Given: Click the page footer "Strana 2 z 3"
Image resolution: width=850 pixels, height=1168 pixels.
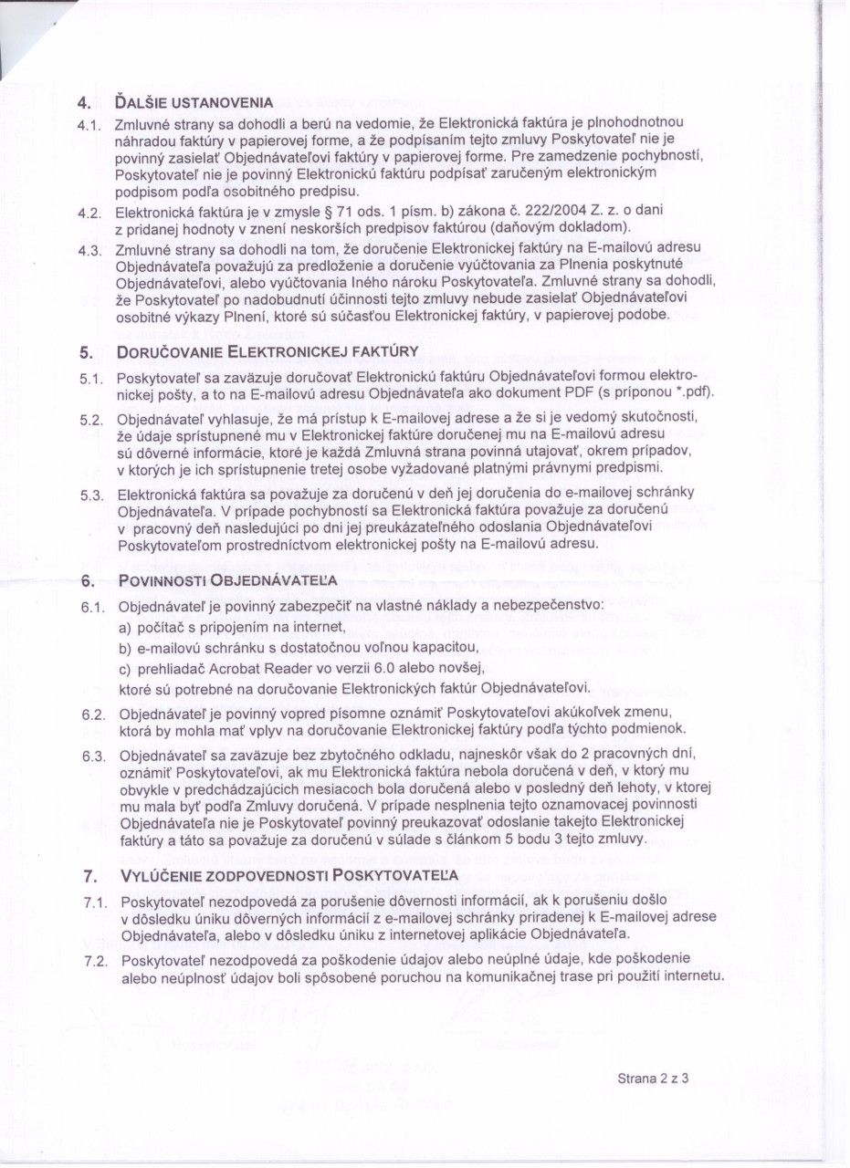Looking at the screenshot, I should click(652, 1078).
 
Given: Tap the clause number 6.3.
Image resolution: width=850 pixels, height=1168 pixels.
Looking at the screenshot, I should click(92, 756).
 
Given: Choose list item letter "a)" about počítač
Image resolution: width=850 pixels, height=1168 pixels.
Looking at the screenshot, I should click(126, 629).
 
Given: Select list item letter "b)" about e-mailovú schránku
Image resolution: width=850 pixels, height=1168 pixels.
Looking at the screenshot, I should click(126, 649).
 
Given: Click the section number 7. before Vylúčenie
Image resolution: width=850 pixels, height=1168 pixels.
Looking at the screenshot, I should click(89, 878).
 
